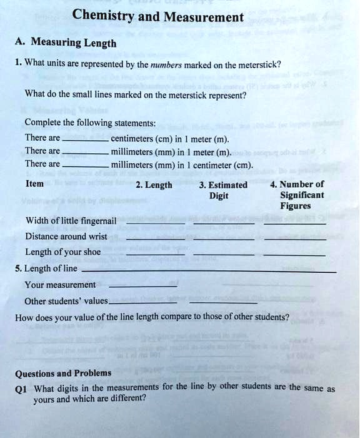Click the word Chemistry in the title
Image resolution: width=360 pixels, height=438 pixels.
102,16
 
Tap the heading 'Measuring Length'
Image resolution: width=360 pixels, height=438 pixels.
73,43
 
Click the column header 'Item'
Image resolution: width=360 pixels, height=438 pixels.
34,184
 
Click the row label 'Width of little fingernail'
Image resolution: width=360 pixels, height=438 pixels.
71,220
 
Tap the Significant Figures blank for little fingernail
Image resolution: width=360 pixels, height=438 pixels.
294,223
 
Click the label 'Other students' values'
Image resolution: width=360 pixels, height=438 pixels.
66,301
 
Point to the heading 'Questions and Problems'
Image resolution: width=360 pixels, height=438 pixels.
63,374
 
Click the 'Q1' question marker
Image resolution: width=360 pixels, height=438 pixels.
21,388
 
